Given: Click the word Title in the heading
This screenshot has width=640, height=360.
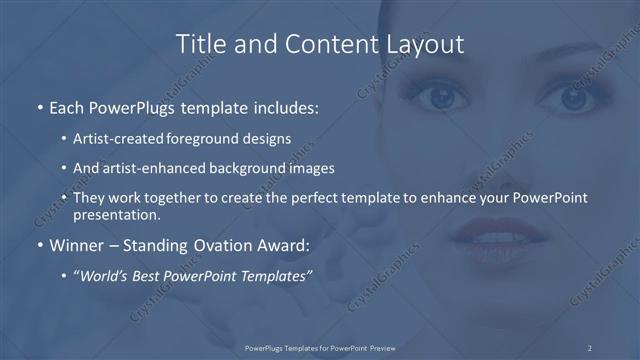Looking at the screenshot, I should click(199, 44).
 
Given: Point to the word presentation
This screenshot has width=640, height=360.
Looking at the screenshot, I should click(115, 214).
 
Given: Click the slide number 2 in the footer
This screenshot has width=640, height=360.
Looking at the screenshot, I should click(590, 347).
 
